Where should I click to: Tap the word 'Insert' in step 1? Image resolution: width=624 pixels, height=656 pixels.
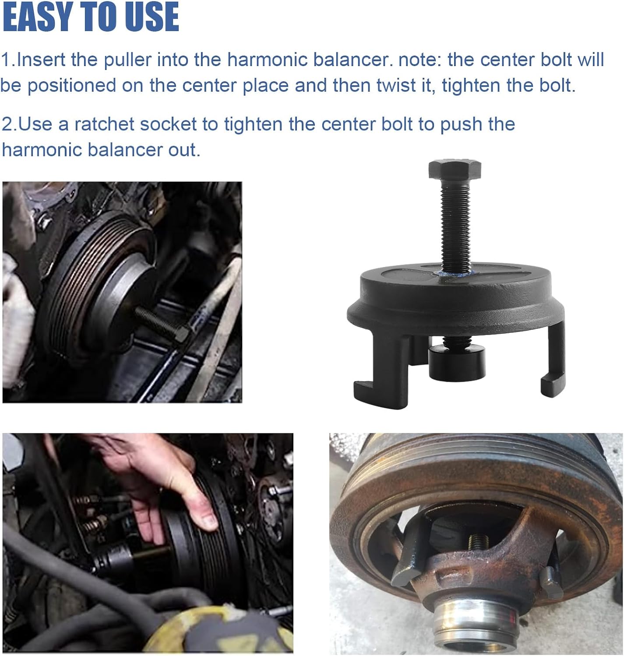click(x=42, y=60)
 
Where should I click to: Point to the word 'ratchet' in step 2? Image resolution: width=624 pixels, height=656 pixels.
click(x=104, y=124)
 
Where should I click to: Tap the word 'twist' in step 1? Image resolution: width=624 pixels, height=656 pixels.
click(x=392, y=85)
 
